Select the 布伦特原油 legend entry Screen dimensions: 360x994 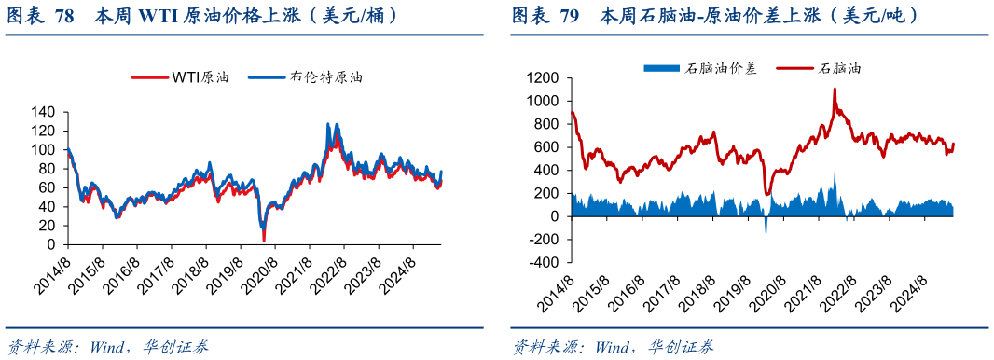click(x=307, y=78)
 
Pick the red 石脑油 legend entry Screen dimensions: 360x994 click(x=821, y=67)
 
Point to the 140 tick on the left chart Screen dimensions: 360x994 click(x=44, y=112)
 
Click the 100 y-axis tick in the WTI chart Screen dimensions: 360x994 click(x=44, y=149)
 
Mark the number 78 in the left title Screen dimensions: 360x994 click(x=65, y=16)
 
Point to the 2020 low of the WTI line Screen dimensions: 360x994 click(x=263, y=241)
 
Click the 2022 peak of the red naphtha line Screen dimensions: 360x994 click(x=835, y=89)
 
